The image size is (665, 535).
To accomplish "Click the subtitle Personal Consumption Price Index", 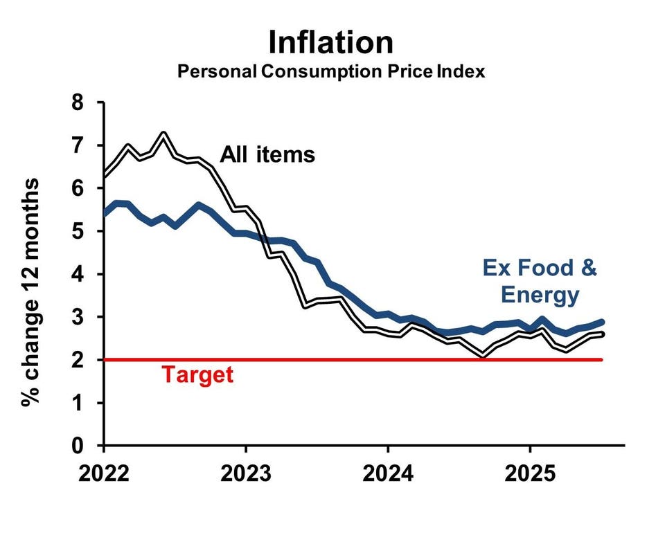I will click(x=331, y=71).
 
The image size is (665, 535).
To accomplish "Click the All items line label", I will click(x=267, y=154).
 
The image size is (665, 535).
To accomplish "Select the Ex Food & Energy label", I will click(x=539, y=282).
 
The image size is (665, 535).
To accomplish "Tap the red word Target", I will click(x=197, y=375).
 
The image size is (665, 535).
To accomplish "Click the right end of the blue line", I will click(x=601, y=322).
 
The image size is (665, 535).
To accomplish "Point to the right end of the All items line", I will click(x=601, y=334).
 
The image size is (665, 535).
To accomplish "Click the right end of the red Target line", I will click(x=601, y=359).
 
